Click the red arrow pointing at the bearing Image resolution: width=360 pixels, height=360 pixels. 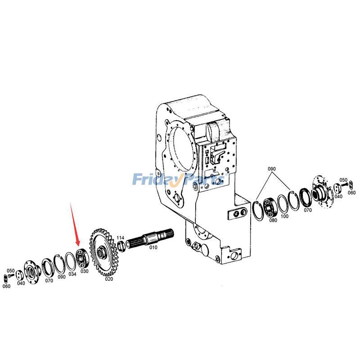coord(76,225)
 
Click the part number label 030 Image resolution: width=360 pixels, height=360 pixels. coord(84,271)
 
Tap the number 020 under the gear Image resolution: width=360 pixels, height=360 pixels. coord(109,279)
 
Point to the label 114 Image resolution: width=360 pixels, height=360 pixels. coord(121,238)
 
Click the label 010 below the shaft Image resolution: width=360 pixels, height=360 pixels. coord(153,247)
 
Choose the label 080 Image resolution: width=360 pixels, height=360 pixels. coord(273,220)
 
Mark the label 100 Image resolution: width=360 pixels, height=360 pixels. coord(284,216)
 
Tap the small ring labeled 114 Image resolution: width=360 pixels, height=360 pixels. coord(121,246)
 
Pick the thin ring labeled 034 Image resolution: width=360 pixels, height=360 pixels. coord(71,260)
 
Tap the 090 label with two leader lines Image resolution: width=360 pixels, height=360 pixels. coord(271,169)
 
